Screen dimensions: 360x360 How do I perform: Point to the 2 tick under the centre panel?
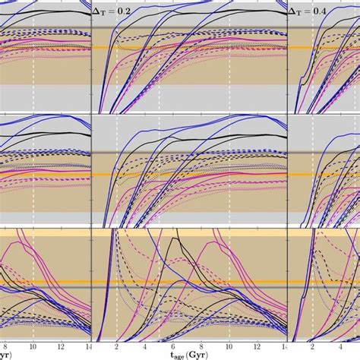pyautogui.click(x=116, y=346)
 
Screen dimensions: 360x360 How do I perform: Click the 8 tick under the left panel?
pyautogui.click(x=5, y=346)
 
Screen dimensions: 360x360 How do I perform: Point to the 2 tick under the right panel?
pyautogui.click(x=313, y=346)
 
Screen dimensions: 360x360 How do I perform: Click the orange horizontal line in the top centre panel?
pyautogui.click(x=190, y=48)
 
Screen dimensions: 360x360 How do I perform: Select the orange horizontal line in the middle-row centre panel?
pyautogui.click(x=190, y=175)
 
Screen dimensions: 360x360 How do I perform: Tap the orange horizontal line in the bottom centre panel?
pyautogui.click(x=190, y=282)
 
